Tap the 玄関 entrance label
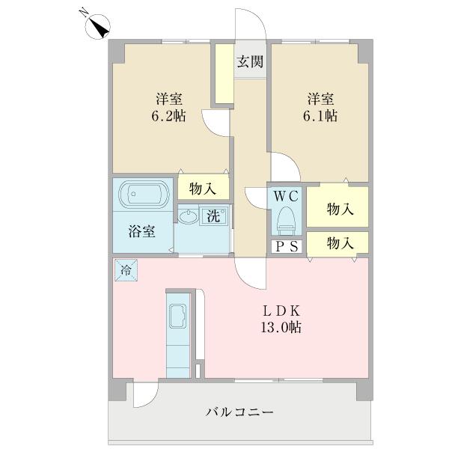pyautogui.click(x=250, y=62)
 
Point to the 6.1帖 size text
pyautogui.click(x=321, y=117)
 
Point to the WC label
pyautogui.click(x=285, y=197)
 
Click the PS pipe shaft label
pyautogui.click(x=285, y=247)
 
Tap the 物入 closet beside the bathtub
pyautogui.click(x=203, y=188)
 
